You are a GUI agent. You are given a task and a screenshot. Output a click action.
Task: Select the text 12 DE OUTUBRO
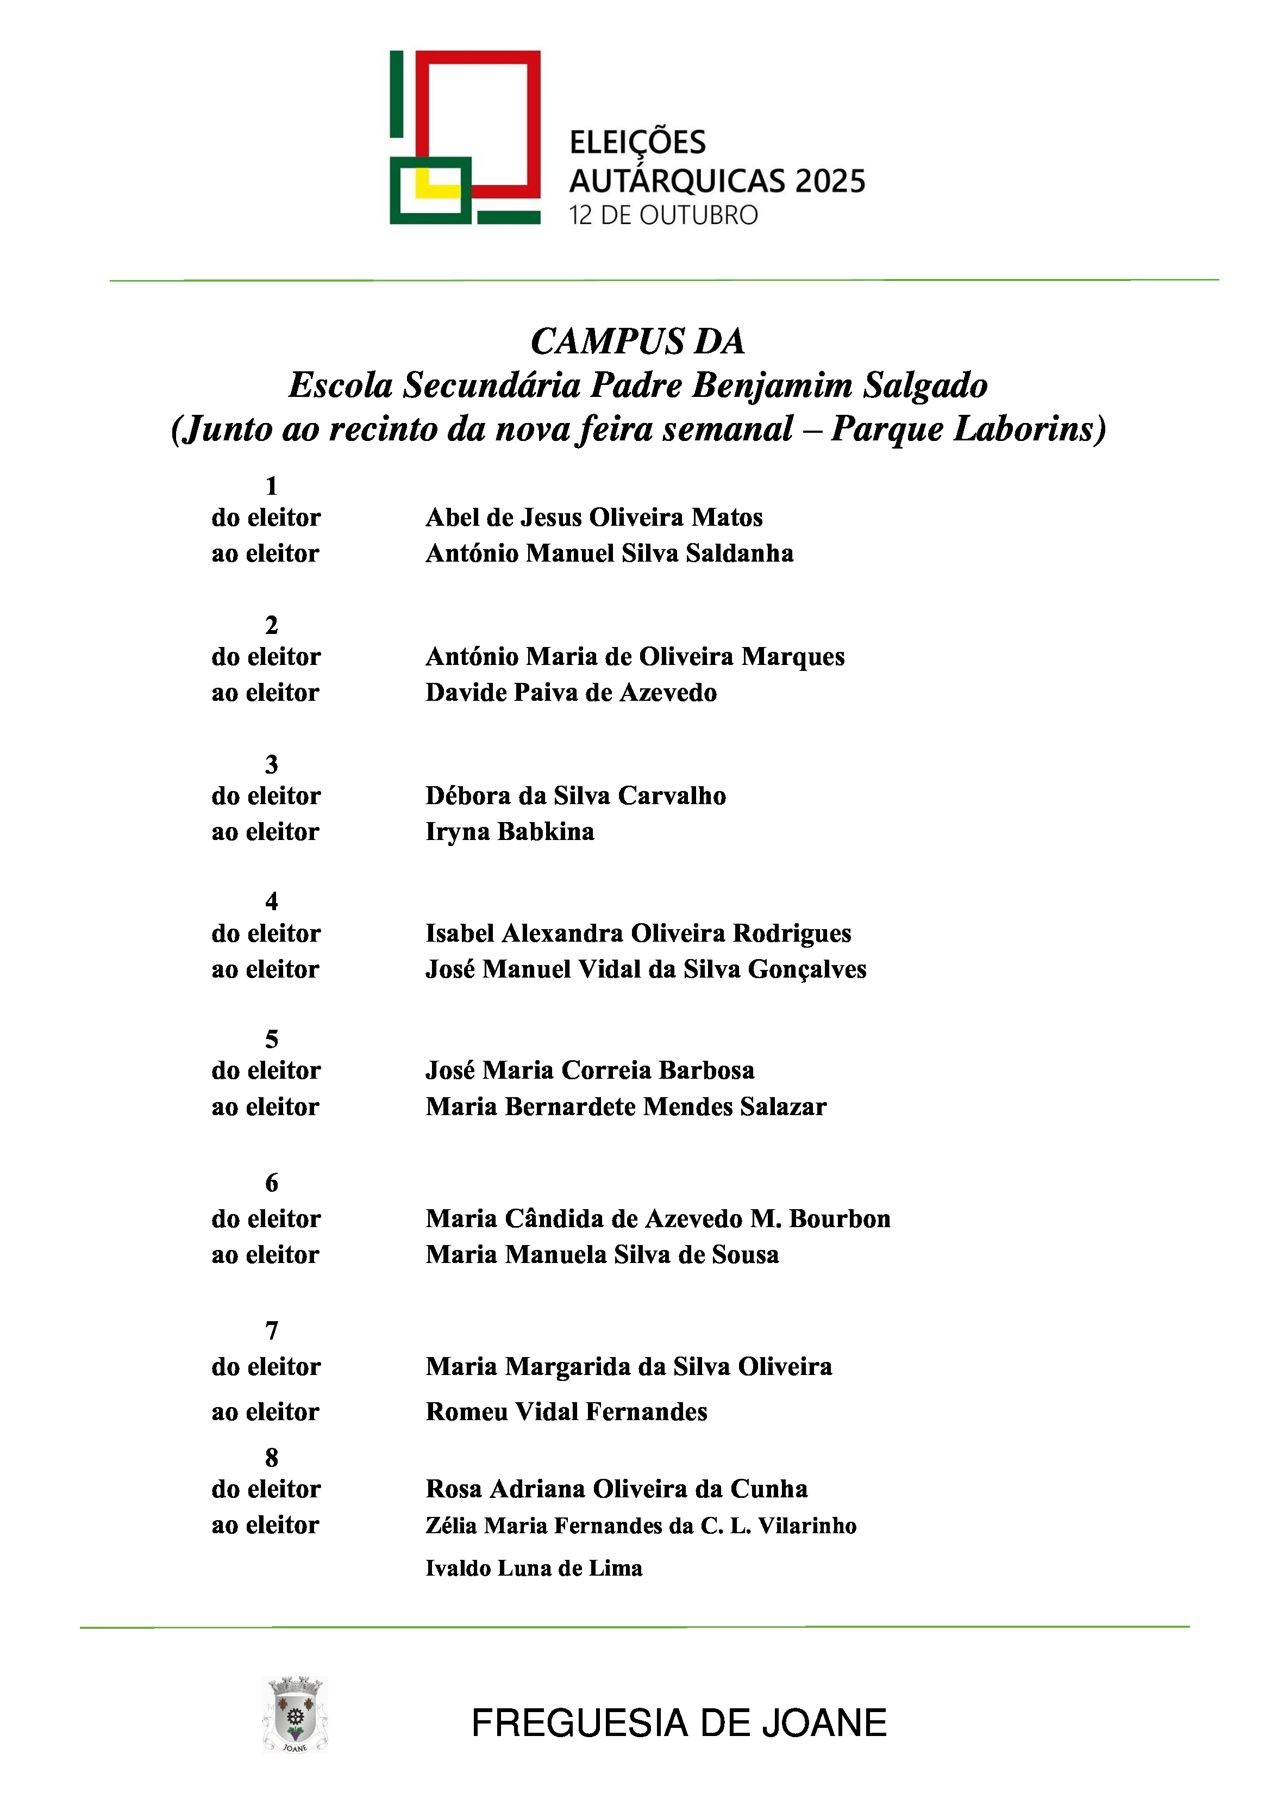[x=663, y=215]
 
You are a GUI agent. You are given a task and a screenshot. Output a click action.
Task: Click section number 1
[x=272, y=486]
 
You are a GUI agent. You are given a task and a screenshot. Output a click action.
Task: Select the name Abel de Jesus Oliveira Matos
[x=593, y=518]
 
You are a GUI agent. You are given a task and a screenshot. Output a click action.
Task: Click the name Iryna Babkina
[x=510, y=832]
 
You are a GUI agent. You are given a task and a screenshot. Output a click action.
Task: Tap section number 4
[x=272, y=902]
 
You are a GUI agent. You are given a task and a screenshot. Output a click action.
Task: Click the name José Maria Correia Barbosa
[x=590, y=1071]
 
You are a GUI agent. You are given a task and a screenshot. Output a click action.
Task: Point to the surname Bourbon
[x=840, y=1220]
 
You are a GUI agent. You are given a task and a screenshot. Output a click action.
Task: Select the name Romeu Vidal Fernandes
[x=566, y=1412]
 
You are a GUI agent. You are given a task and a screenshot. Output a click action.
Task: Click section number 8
[x=272, y=1458]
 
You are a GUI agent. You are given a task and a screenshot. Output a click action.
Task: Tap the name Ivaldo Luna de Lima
[x=534, y=1569]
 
